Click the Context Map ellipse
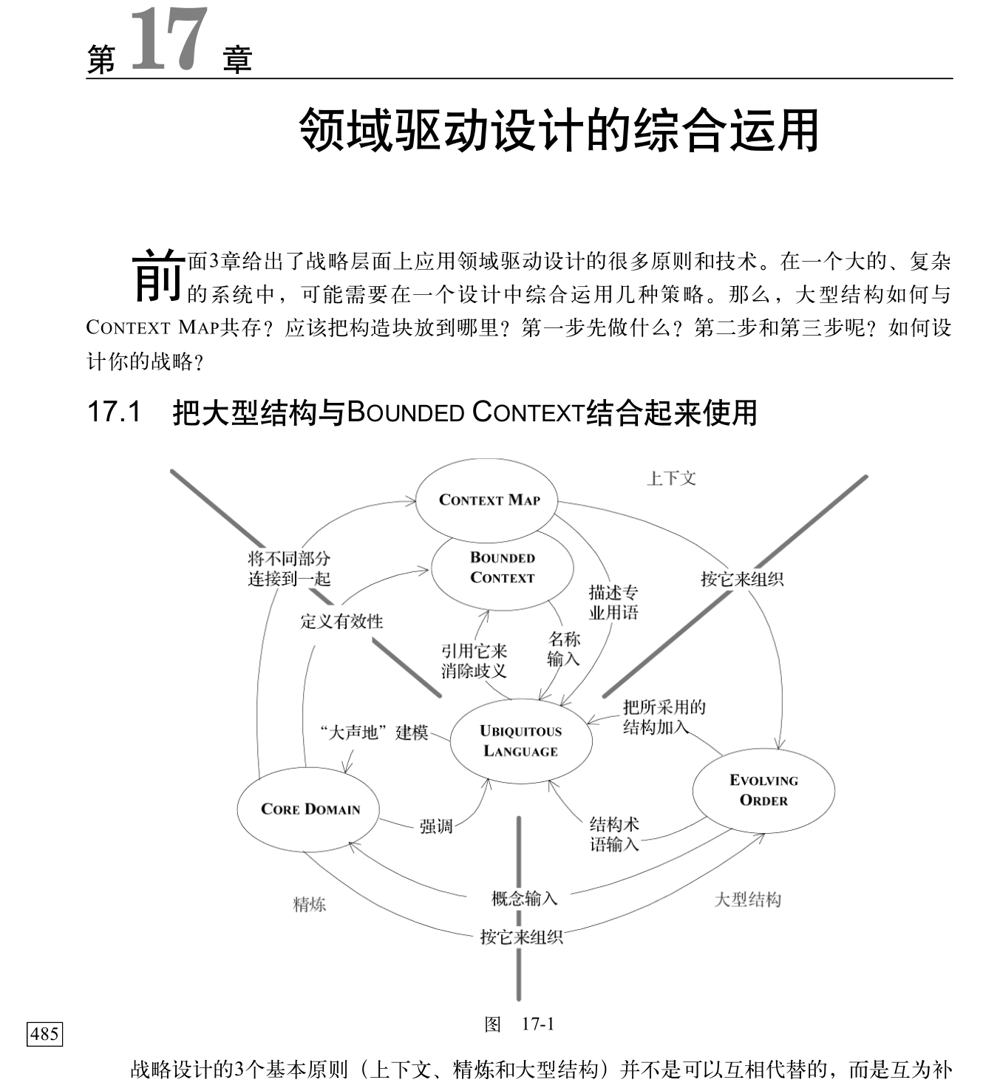coord(488,500)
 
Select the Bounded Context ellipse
coord(502,568)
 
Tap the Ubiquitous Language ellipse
coord(520,741)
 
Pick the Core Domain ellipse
coord(310,809)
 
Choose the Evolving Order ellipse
coord(763,790)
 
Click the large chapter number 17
coord(169,41)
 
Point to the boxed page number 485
coord(44,1033)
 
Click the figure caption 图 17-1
coord(519,1024)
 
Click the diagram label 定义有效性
coord(341,621)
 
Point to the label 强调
coord(436,826)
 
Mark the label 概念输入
coord(524,898)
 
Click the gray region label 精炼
coord(310,904)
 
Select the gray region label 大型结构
coord(747,900)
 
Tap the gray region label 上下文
coord(671,478)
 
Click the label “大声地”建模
coord(374,733)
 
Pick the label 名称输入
coord(564,648)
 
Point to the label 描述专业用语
coord(613,602)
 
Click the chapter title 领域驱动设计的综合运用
coord(559,131)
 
